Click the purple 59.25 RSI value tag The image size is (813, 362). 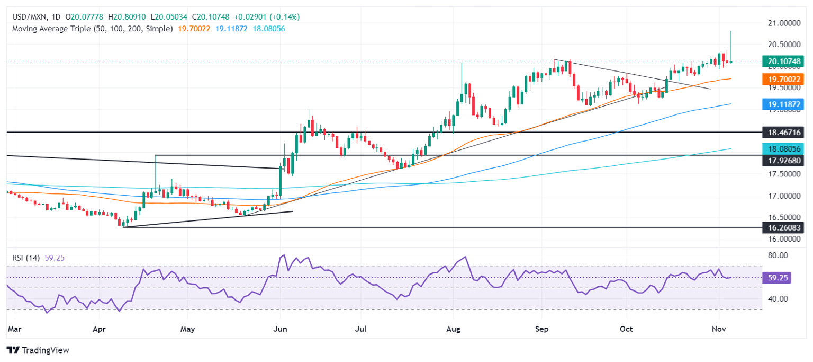776,278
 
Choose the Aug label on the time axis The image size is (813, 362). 454,329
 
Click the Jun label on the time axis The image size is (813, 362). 280,329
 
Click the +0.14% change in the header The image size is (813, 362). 285,17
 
